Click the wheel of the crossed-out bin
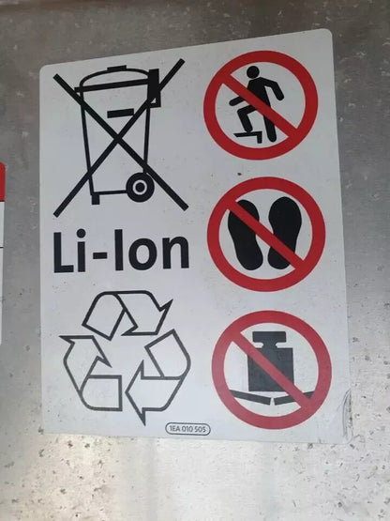140,187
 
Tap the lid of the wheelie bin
117,80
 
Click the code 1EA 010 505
187,429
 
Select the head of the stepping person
253,71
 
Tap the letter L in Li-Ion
63,253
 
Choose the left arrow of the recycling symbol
90,372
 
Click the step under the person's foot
248,135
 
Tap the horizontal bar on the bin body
121,113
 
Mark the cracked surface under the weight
272,397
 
